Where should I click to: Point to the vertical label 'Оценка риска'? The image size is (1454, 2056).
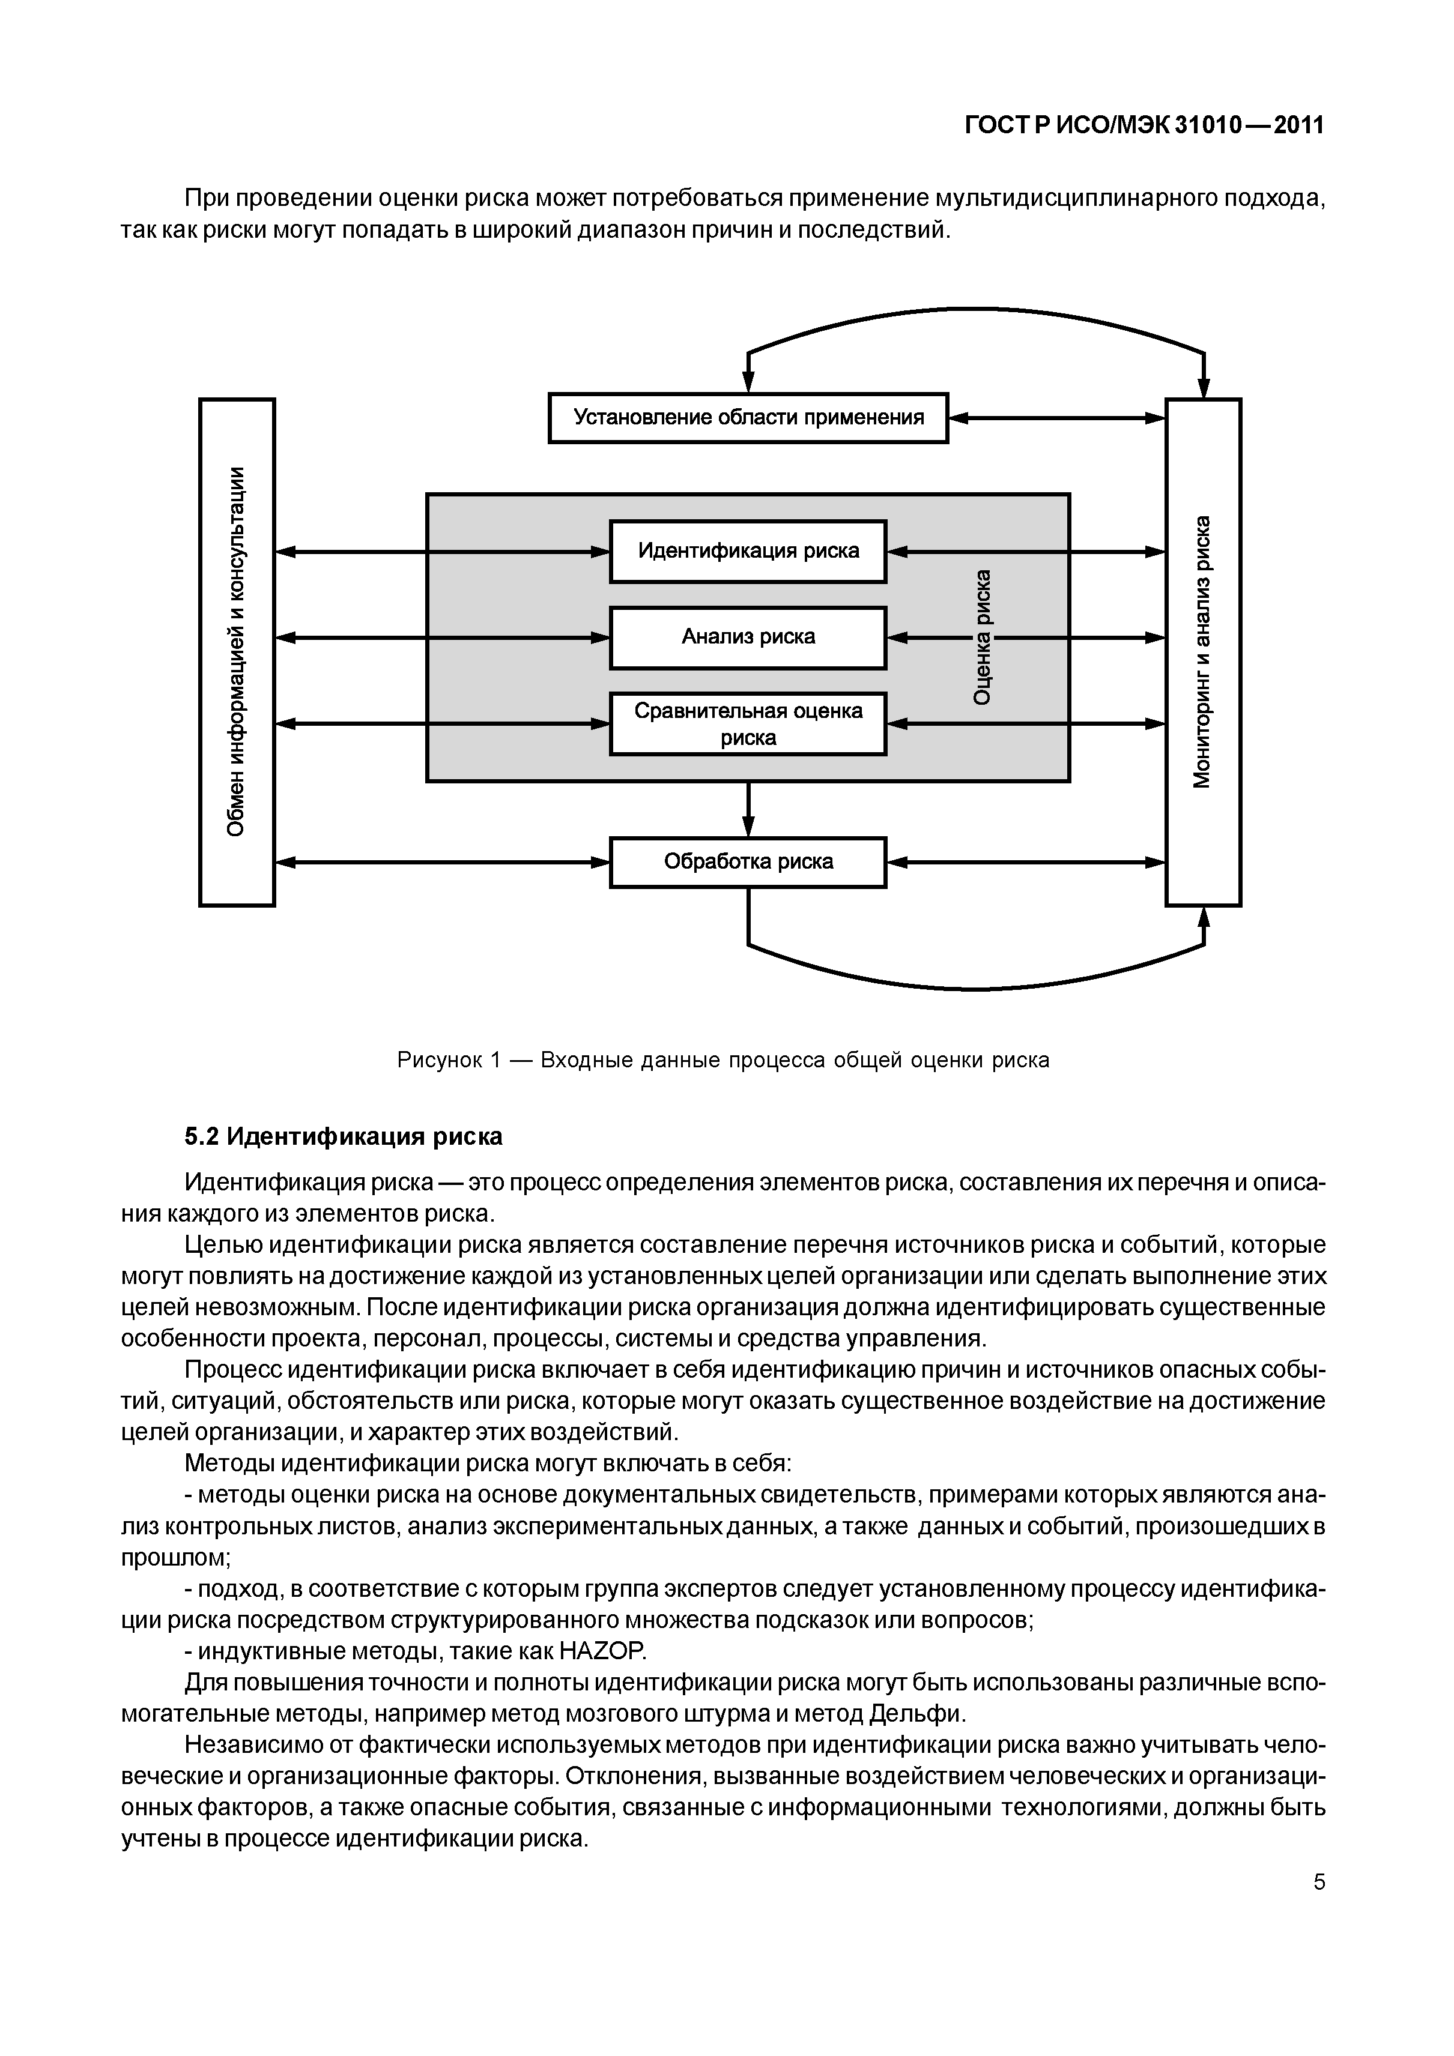click(x=983, y=637)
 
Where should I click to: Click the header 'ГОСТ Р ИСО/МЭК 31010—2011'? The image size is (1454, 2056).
click(x=1144, y=126)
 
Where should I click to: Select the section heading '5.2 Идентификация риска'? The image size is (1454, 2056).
click(x=343, y=1137)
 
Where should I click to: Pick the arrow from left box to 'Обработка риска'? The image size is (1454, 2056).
click(x=441, y=863)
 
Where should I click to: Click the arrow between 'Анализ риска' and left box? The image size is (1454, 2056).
click(x=441, y=638)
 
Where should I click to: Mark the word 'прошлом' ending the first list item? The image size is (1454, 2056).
click(x=175, y=1557)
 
